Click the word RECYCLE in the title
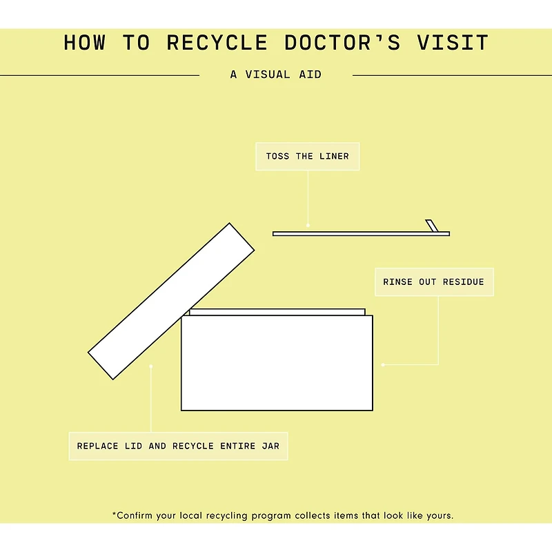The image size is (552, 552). [217, 43]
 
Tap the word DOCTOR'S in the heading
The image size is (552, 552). [342, 43]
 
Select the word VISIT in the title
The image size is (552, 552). [453, 43]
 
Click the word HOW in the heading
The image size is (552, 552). [85, 43]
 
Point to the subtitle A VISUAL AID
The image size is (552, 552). [276, 75]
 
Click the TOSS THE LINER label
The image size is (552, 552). [307, 157]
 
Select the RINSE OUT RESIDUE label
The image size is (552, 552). [433, 282]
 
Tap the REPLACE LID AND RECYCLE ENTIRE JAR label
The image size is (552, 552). [178, 446]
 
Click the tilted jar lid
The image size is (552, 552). [171, 301]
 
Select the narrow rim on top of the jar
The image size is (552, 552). [277, 312]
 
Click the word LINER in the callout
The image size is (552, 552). [334, 157]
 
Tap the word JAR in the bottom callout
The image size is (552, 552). [270, 446]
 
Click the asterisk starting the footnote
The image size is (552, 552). [114, 514]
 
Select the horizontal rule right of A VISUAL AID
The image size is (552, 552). [452, 75]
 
